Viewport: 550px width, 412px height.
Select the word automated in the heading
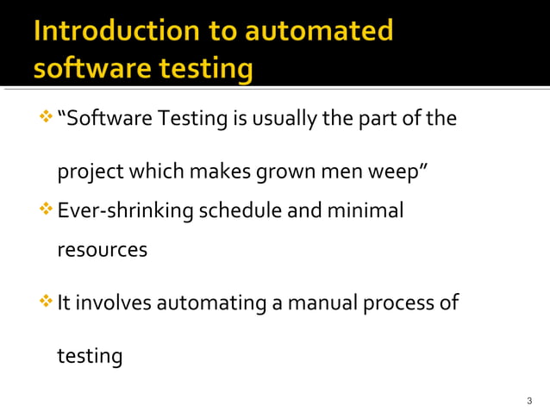point(319,32)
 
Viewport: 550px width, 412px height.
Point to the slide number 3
point(529,401)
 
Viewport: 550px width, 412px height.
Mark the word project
point(90,172)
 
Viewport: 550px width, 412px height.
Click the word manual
point(324,303)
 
